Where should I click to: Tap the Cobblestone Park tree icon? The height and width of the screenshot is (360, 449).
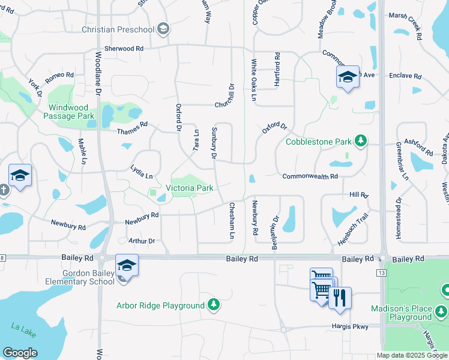pyautogui.click(x=360, y=141)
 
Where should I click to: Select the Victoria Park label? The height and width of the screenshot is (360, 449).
pyautogui.click(x=193, y=188)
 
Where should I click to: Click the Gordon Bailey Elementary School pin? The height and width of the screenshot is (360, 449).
pyautogui.click(x=127, y=265)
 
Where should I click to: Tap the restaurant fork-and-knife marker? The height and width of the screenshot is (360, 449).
pyautogui.click(x=340, y=298)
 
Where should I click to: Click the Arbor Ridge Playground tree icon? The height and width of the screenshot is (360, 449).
pyautogui.click(x=213, y=305)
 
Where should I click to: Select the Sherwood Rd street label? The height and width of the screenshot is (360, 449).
pyautogui.click(x=124, y=48)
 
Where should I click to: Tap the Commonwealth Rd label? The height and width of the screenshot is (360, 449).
pyautogui.click(x=310, y=176)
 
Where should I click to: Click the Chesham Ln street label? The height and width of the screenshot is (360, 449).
pyautogui.click(x=231, y=220)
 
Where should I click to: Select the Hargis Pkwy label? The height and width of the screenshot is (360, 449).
pyautogui.click(x=349, y=326)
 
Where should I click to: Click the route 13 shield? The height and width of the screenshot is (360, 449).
pyautogui.click(x=381, y=273)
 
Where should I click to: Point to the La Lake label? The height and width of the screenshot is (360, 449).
pyautogui.click(x=20, y=327)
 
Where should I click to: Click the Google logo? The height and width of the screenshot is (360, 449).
pyautogui.click(x=20, y=353)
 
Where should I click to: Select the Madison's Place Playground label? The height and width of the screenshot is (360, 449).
pyautogui.click(x=411, y=313)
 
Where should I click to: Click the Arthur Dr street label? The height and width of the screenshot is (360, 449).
pyautogui.click(x=142, y=241)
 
